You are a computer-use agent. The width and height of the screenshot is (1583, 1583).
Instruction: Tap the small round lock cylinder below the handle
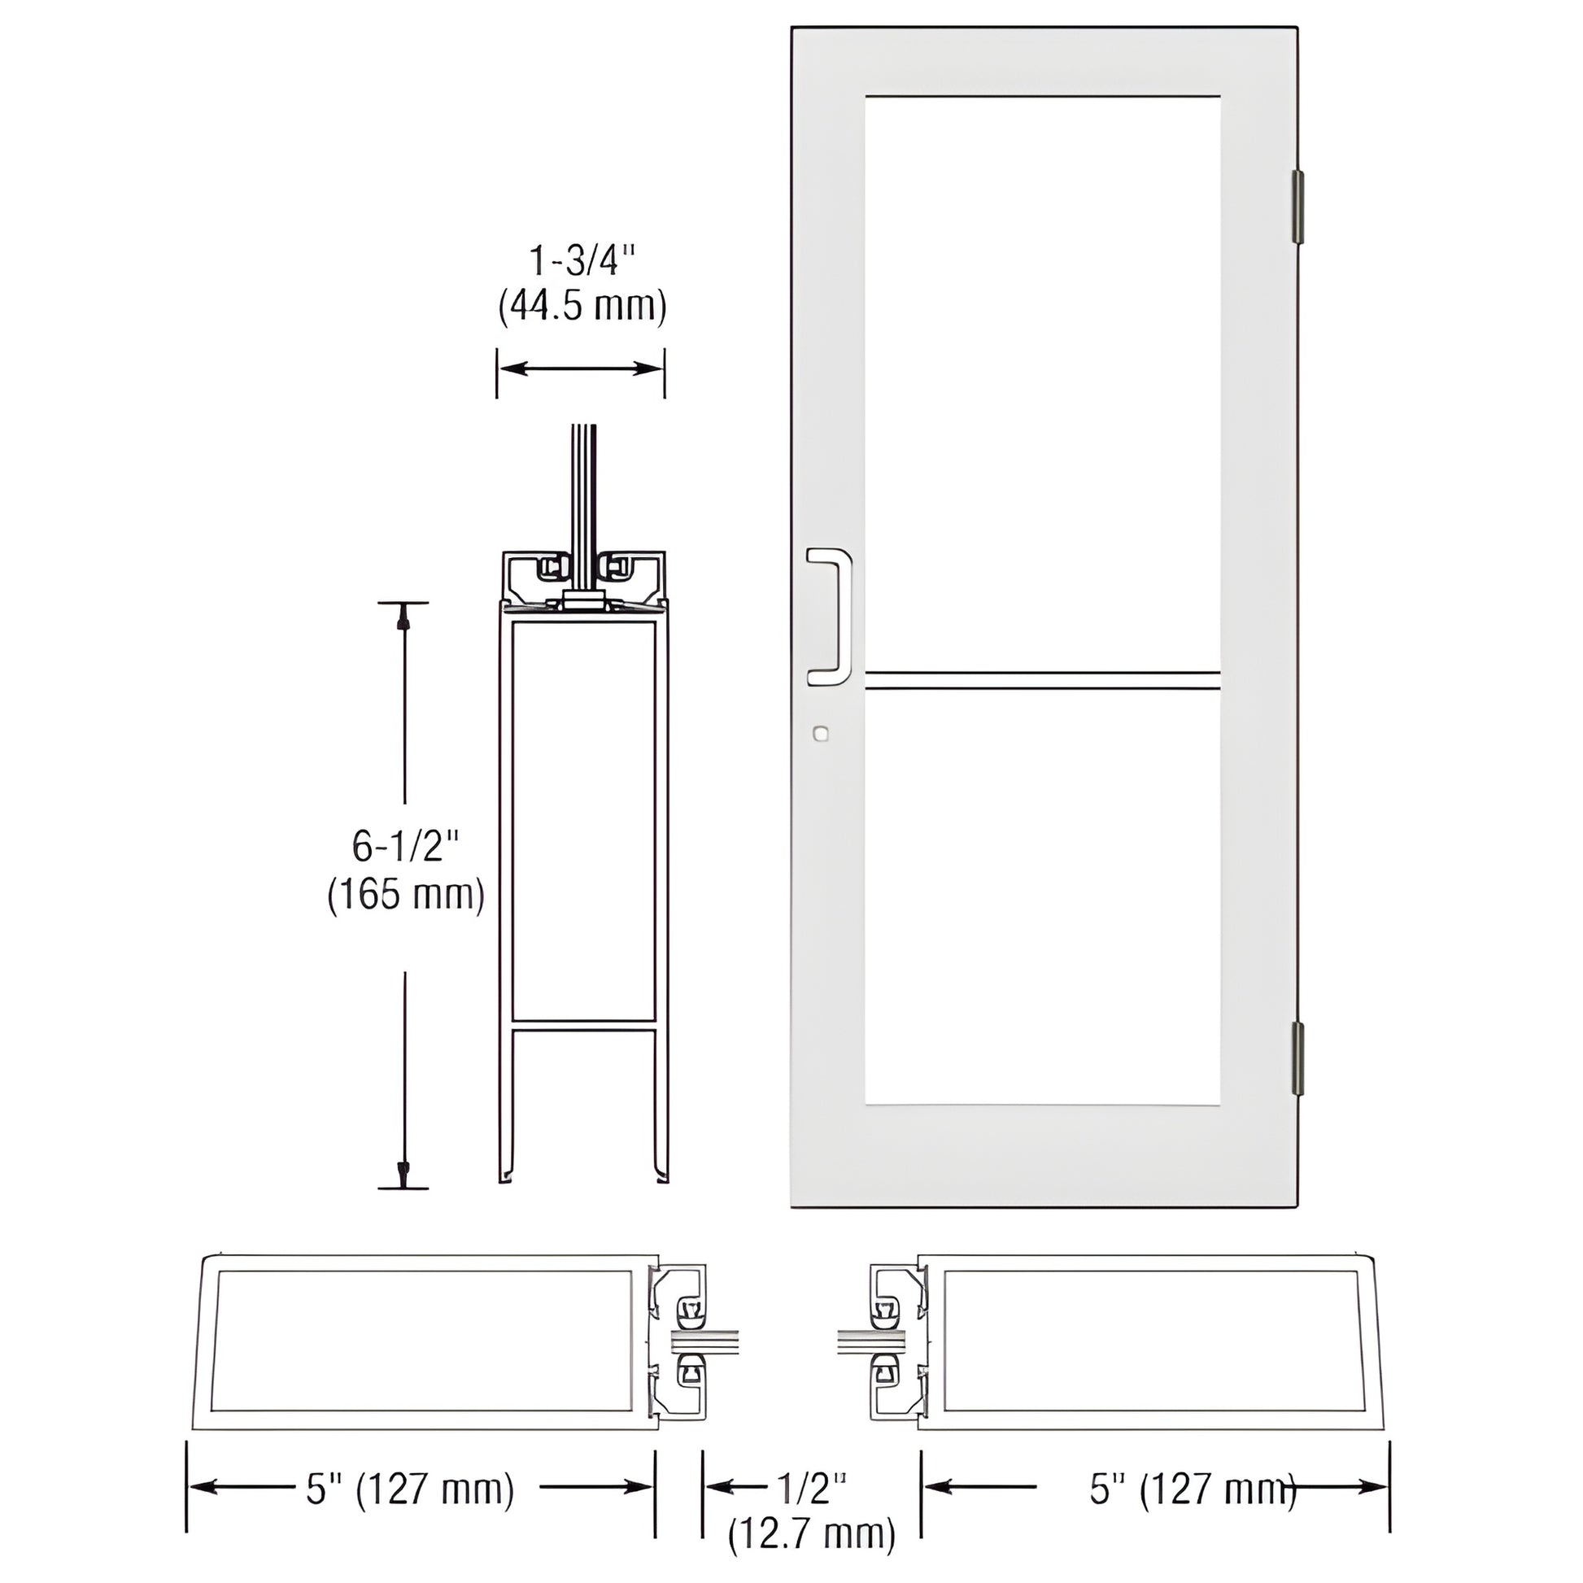tap(820, 734)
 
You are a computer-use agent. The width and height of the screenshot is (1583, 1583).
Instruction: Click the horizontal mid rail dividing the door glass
tap(1042, 680)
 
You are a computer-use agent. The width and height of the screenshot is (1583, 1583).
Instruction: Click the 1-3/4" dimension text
tap(582, 261)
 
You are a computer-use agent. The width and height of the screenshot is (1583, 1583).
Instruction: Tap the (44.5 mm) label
tap(582, 307)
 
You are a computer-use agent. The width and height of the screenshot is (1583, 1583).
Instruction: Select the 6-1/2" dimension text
tap(405, 845)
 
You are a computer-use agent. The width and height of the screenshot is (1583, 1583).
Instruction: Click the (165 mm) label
tap(406, 894)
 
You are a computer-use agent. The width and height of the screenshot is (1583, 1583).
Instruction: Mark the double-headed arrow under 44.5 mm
tap(581, 368)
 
